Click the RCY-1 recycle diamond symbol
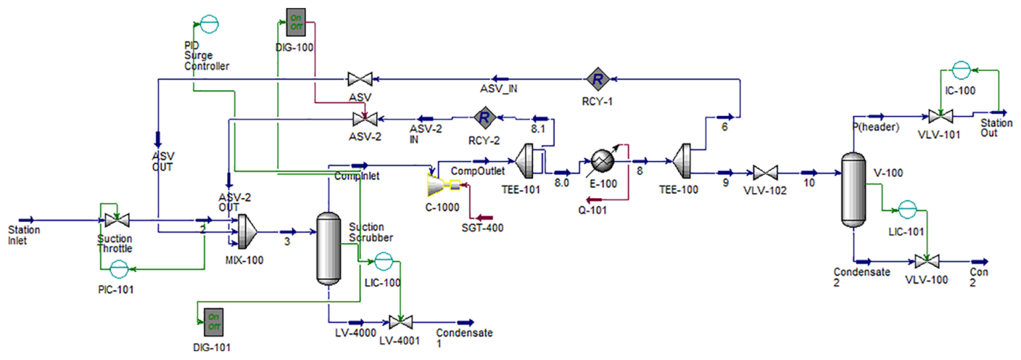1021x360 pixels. coord(597,78)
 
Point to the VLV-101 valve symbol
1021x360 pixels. coord(940,116)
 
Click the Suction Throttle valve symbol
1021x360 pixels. coord(115,220)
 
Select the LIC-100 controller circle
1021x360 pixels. coord(383,260)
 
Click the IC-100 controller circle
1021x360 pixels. coord(960,70)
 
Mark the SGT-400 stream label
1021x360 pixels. coord(487,228)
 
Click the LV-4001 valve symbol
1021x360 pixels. coord(400,322)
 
